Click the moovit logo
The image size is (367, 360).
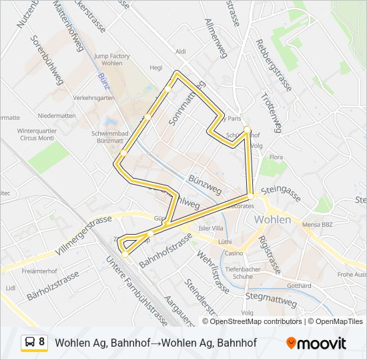tap(316, 343)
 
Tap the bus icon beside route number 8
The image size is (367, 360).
tap(30, 343)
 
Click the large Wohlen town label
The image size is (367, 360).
tap(273, 219)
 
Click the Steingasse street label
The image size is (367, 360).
tap(282, 194)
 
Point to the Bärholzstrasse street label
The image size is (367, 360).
tap(53, 284)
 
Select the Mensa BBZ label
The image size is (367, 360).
tap(318, 225)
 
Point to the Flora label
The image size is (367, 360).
tap(276, 157)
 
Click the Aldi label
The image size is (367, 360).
tap(180, 51)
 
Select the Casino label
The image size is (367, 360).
tap(233, 253)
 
